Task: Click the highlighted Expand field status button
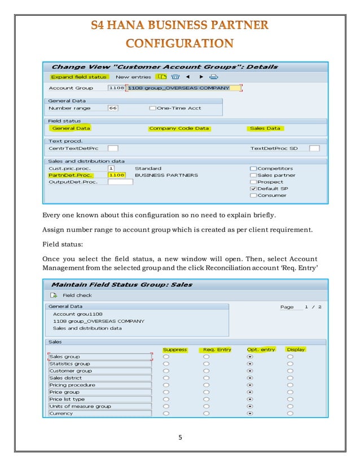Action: tap(70, 77)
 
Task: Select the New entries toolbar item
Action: tap(133, 77)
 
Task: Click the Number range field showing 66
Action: tap(113, 108)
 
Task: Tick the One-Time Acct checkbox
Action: tap(152, 108)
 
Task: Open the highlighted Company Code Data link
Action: tap(179, 128)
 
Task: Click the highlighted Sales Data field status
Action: tap(265, 128)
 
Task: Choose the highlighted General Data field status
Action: tap(71, 128)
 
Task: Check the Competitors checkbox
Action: tap(253, 168)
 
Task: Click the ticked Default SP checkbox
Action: tap(253, 188)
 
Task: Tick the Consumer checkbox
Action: tap(253, 195)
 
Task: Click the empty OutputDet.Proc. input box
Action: tap(120, 182)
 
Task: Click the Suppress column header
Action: tap(174, 349)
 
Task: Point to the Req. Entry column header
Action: tap(217, 349)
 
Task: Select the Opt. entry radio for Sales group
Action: tap(250, 357)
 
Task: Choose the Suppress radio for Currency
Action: tap(166, 414)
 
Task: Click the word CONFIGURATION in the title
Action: tap(179, 43)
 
